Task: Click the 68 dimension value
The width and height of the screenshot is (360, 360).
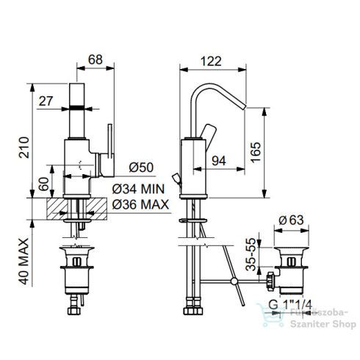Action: pos(96,60)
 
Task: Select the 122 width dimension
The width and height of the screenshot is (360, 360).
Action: pos(211,61)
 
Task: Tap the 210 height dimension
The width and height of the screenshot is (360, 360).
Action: pos(24,148)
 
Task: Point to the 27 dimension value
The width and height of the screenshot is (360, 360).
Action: pos(46,101)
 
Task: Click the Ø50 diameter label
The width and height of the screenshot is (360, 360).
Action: pos(141,168)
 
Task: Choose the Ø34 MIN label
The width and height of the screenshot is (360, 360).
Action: pos(138,189)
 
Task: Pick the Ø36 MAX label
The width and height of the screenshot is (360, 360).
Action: pos(140,204)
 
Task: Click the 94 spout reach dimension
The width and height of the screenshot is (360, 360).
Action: pos(219,161)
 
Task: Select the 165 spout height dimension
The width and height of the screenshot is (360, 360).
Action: pos(256,152)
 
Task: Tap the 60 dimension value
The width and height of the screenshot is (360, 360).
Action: pos(44,184)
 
